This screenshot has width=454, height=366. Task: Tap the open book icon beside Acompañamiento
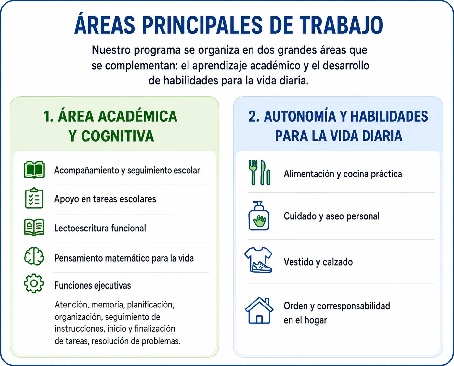[34, 170]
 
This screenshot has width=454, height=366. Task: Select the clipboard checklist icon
[34, 198]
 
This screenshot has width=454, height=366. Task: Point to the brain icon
[34, 256]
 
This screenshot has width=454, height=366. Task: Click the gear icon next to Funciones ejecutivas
[34, 283]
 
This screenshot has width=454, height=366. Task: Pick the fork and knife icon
[259, 173]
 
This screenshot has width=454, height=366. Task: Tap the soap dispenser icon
[259, 216]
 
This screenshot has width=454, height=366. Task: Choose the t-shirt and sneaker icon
[258, 260]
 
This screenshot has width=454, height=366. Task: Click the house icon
[259, 310]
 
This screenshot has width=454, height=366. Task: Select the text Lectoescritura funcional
[100, 228]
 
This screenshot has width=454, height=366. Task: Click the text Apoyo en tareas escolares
[105, 199]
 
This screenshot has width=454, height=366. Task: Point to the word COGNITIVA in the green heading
[118, 136]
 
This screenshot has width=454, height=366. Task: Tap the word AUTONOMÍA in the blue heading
[300, 116]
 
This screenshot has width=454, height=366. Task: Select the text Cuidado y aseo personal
[331, 216]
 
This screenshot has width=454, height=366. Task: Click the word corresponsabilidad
[353, 306]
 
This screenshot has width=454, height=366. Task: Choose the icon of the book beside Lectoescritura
[34, 227]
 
